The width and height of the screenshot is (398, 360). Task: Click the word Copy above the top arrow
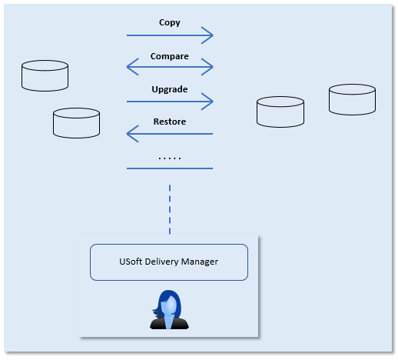(x=170, y=22)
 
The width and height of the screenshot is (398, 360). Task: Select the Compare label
(x=170, y=56)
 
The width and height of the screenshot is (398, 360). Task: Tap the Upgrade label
(x=170, y=89)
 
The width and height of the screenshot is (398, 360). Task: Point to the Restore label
(x=170, y=122)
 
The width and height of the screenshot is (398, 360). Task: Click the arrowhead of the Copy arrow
(x=208, y=35)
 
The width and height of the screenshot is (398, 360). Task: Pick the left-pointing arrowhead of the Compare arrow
(x=132, y=67)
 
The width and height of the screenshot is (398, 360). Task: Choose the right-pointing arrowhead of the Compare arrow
(x=208, y=67)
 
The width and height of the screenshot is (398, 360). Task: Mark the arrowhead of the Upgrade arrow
(x=208, y=102)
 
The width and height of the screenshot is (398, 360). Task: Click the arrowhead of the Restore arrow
(x=132, y=134)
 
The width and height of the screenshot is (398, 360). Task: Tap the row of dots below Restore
(x=170, y=158)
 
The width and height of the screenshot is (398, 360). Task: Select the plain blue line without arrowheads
(x=170, y=168)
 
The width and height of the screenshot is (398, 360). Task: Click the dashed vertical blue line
(x=170, y=209)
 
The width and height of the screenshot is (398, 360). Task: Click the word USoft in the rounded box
(x=131, y=262)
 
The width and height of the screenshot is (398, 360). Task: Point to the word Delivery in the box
(x=161, y=262)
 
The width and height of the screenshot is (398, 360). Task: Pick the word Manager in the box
(x=200, y=262)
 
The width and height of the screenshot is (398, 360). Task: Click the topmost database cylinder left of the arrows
(x=45, y=75)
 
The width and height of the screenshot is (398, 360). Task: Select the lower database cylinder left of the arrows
(x=76, y=123)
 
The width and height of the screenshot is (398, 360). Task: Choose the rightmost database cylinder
(x=352, y=99)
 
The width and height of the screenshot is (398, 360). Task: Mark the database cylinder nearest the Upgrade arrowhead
(x=280, y=112)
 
